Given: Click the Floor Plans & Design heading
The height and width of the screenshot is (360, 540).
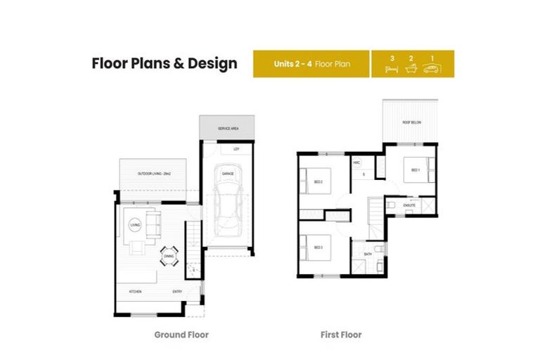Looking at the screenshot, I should tap(165, 64).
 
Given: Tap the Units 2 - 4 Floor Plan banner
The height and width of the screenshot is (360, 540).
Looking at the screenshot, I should tap(311, 64).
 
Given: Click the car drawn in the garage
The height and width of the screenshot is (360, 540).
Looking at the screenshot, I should tap(228, 204).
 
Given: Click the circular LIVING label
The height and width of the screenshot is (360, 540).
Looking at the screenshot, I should tap(135, 225).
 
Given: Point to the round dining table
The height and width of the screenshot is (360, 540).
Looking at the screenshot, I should tap(169, 257).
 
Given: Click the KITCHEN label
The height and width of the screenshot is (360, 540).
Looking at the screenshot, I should tap(135, 291).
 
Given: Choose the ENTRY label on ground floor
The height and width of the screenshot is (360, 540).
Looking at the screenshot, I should tap(177, 291).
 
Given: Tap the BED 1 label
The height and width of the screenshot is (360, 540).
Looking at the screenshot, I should tap(415, 169).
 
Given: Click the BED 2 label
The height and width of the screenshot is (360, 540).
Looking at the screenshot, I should tap(318, 181).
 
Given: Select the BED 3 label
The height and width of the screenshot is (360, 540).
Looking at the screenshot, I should tap(318, 247).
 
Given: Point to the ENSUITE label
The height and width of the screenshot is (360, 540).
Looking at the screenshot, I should tap(409, 205).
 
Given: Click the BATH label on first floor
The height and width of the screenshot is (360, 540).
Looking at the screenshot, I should tap(368, 254).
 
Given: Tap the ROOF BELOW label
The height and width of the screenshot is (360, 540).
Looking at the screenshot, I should tap(411, 122).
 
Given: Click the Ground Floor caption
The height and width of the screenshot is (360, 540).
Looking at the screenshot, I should tap(181, 335).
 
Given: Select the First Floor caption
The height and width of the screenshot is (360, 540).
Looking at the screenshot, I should tap(341, 335).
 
